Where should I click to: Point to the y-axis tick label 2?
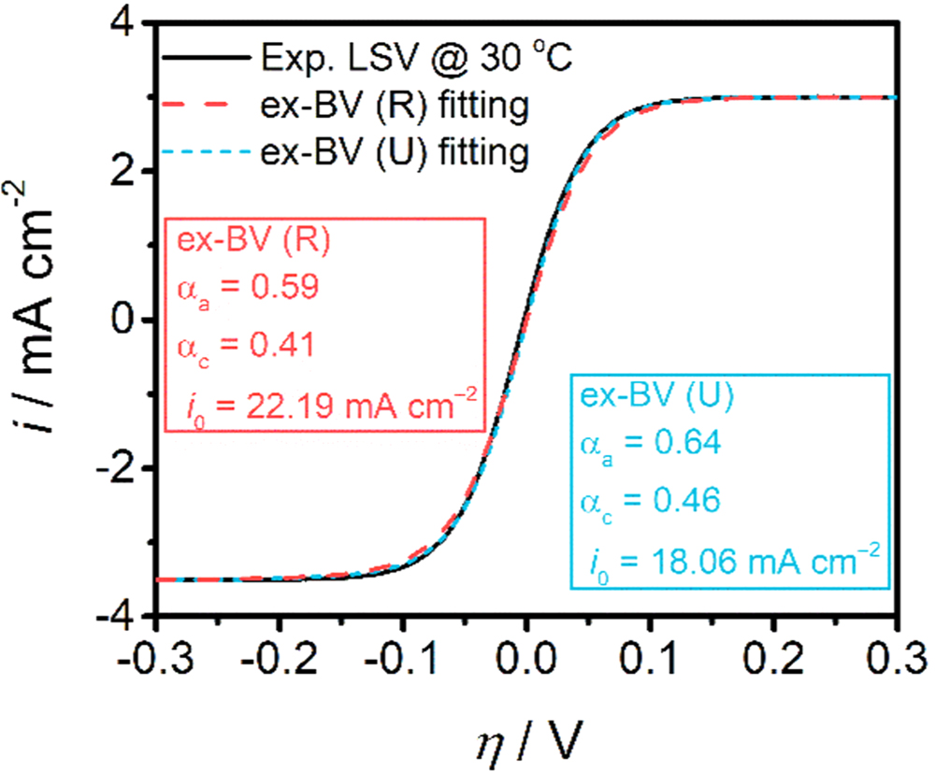coord(128,171)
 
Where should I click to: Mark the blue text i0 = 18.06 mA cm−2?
coord(725,562)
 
